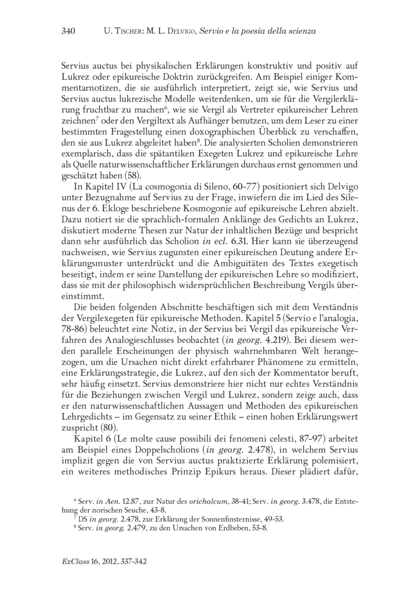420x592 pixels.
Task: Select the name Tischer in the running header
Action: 129,32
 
